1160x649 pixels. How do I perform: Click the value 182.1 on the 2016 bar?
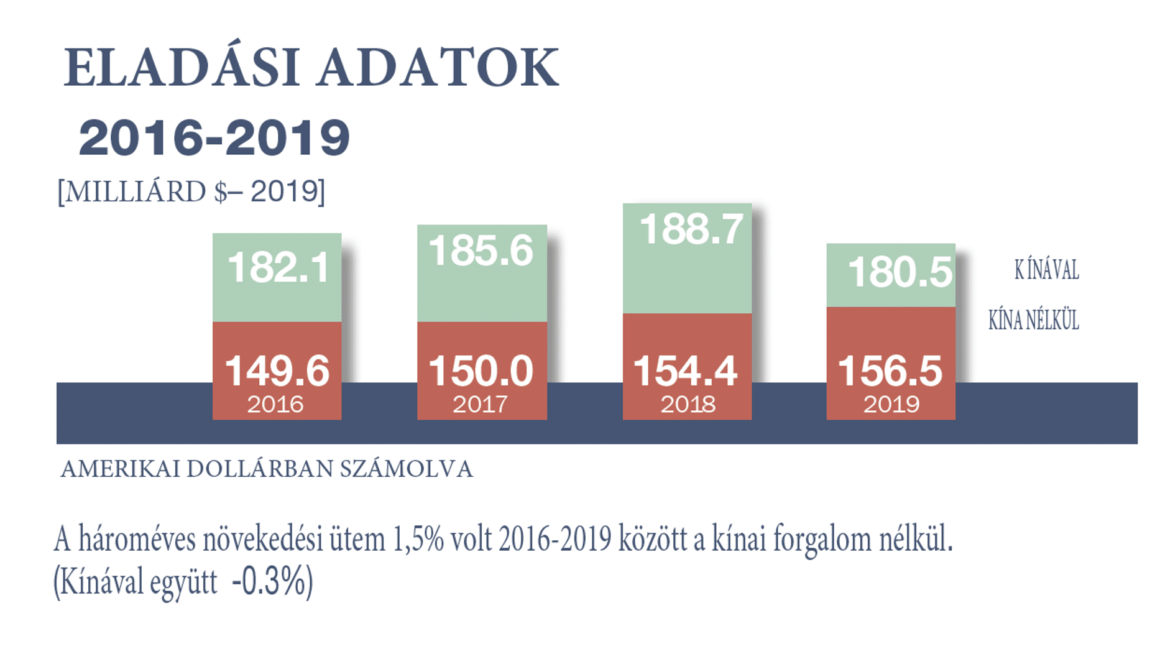pyautogui.click(x=278, y=268)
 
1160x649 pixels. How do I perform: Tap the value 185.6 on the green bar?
pyautogui.click(x=481, y=251)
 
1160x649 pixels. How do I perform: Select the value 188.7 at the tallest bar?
pyautogui.click(x=691, y=229)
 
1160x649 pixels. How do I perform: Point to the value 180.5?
pyautogui.click(x=899, y=272)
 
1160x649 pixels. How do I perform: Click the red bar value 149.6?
pyautogui.click(x=277, y=371)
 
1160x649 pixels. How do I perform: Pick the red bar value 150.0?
pyautogui.click(x=481, y=371)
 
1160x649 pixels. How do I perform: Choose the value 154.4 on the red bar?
pyautogui.click(x=686, y=371)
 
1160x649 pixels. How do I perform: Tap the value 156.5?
pyautogui.click(x=890, y=371)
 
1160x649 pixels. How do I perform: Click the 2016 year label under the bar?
pyautogui.click(x=275, y=405)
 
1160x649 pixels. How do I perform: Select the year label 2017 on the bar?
pyautogui.click(x=480, y=405)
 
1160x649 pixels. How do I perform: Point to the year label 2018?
pyautogui.click(x=688, y=405)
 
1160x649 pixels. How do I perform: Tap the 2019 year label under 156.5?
pyautogui.click(x=891, y=405)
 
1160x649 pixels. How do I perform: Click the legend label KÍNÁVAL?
pyautogui.click(x=1046, y=270)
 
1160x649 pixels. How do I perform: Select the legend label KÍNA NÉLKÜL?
pyautogui.click(x=1033, y=321)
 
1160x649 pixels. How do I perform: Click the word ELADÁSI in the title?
pyautogui.click(x=182, y=68)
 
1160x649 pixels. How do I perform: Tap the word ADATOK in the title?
pyautogui.click(x=438, y=68)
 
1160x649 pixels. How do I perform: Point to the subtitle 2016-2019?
pyautogui.click(x=214, y=137)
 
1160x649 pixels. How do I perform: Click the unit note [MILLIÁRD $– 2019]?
pyautogui.click(x=191, y=191)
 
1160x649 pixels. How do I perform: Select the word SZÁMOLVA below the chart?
pyautogui.click(x=406, y=469)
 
